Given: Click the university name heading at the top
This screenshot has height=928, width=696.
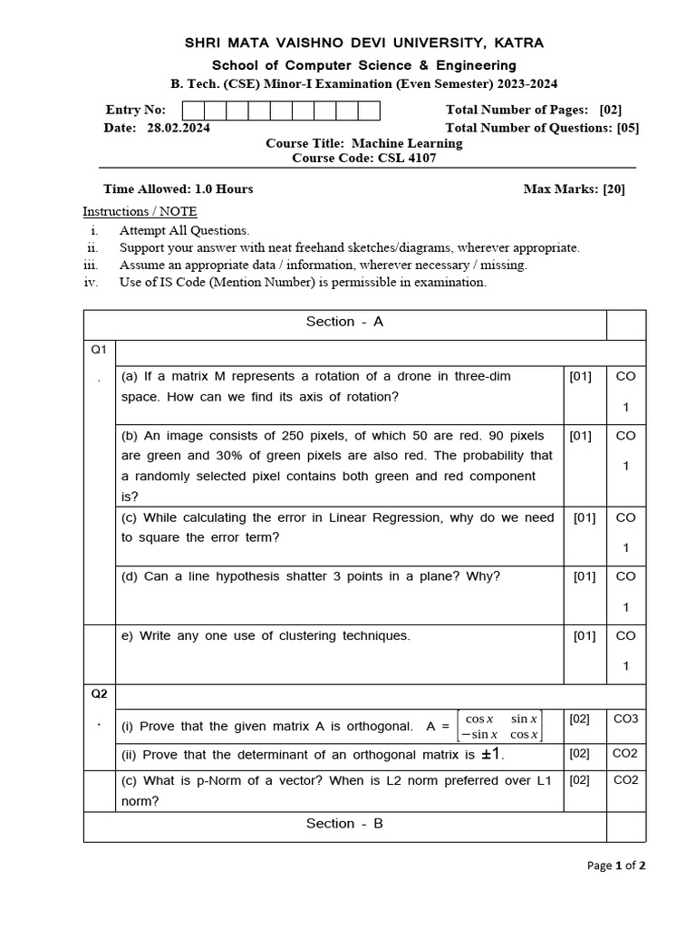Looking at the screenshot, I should (x=364, y=43).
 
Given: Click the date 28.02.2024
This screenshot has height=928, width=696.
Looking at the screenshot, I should (x=178, y=128).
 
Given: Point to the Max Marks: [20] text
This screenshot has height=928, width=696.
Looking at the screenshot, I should (x=574, y=188).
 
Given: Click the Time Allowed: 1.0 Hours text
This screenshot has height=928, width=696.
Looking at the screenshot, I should (x=179, y=188).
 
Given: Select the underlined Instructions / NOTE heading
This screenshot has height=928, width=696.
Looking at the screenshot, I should (x=140, y=211).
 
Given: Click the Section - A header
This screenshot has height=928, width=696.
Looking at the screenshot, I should (x=344, y=322).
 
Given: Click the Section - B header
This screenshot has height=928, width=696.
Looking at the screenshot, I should (x=344, y=823).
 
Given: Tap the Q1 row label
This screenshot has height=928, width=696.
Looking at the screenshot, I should (x=98, y=349).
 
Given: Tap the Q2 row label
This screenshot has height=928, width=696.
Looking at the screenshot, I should (x=99, y=694).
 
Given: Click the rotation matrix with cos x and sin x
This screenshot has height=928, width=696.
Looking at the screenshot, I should (x=500, y=726).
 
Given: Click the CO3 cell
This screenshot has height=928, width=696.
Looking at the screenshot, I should (x=625, y=719).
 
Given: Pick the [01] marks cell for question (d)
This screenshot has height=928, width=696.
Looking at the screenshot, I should (x=585, y=576).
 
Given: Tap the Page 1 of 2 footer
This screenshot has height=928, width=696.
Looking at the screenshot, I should (x=616, y=865).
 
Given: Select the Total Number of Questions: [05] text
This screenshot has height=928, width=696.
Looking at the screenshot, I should (x=542, y=128).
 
